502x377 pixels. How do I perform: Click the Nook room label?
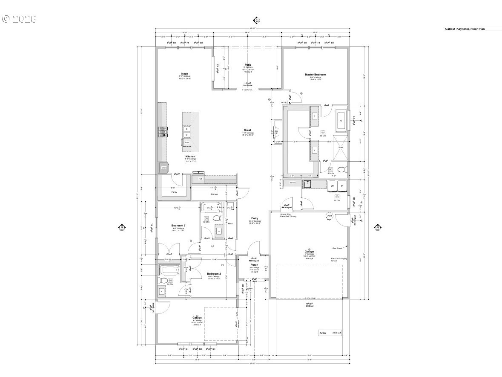184,74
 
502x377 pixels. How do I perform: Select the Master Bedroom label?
316,75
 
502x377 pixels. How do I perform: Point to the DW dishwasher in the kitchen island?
186,142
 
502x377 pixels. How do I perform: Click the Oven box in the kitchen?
164,168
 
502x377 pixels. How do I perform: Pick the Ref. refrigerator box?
200,179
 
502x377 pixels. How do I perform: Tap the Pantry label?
174,192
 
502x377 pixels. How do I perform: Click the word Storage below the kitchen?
214,194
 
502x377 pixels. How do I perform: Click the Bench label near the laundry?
293,183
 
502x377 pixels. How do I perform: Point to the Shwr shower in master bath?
341,148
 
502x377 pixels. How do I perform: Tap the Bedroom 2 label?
214,274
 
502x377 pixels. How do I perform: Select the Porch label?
254,265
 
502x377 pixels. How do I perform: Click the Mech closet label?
230,223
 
